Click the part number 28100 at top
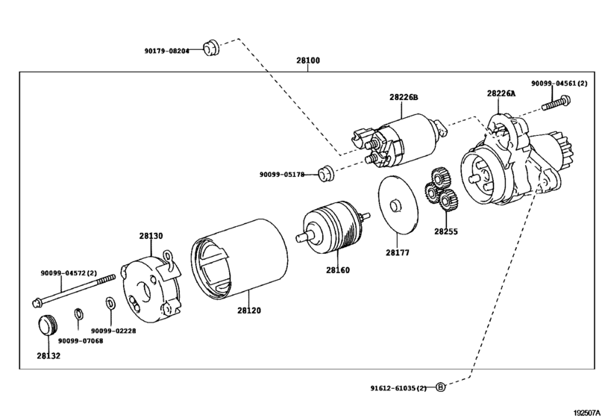click(307, 60)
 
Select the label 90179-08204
click(167, 51)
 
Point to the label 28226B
click(404, 98)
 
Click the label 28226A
click(501, 93)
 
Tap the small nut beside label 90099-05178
click(324, 174)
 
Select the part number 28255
click(446, 231)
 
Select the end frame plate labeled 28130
click(152, 287)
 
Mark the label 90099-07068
click(81, 340)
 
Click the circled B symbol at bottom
click(441, 387)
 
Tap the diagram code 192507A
click(586, 412)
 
